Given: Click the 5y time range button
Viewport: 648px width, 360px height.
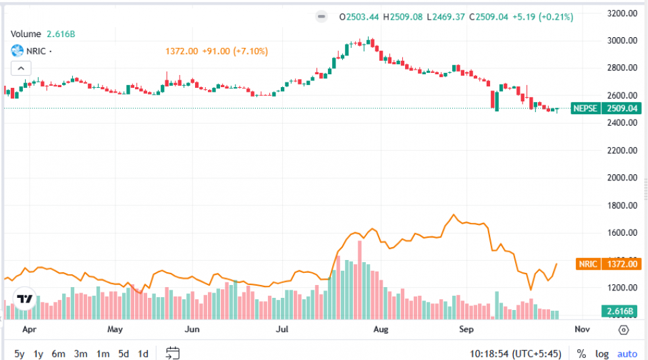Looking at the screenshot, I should [20, 354].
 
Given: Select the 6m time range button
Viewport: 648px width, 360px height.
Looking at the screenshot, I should [59, 354].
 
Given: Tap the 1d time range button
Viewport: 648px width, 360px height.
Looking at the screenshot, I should [143, 354].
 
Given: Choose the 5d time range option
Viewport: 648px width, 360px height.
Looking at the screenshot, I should [124, 354].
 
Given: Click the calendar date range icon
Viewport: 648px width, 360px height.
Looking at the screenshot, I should [172, 353].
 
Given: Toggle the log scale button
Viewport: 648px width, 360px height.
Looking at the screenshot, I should [601, 354].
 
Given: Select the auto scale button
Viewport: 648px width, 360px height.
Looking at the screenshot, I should [627, 354].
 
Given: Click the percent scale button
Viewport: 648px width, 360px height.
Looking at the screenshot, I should [580, 354].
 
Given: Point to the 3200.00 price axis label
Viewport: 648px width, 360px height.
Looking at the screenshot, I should [622, 13].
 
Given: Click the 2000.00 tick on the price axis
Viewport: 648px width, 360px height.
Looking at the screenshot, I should [622, 178].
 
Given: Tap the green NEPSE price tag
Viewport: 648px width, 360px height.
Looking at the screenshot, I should [605, 108].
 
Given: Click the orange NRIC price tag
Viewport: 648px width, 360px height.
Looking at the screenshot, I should [607, 264].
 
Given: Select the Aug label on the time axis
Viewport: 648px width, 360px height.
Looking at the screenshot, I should [381, 330].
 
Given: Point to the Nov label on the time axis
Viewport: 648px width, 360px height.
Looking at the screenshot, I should [582, 330].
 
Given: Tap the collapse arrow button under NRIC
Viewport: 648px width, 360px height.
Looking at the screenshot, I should [21, 68].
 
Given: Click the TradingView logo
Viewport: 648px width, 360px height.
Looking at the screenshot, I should [25, 299].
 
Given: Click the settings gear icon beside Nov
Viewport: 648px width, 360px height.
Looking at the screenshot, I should [623, 330].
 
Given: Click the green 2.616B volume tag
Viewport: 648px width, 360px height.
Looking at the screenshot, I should [618, 311].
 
